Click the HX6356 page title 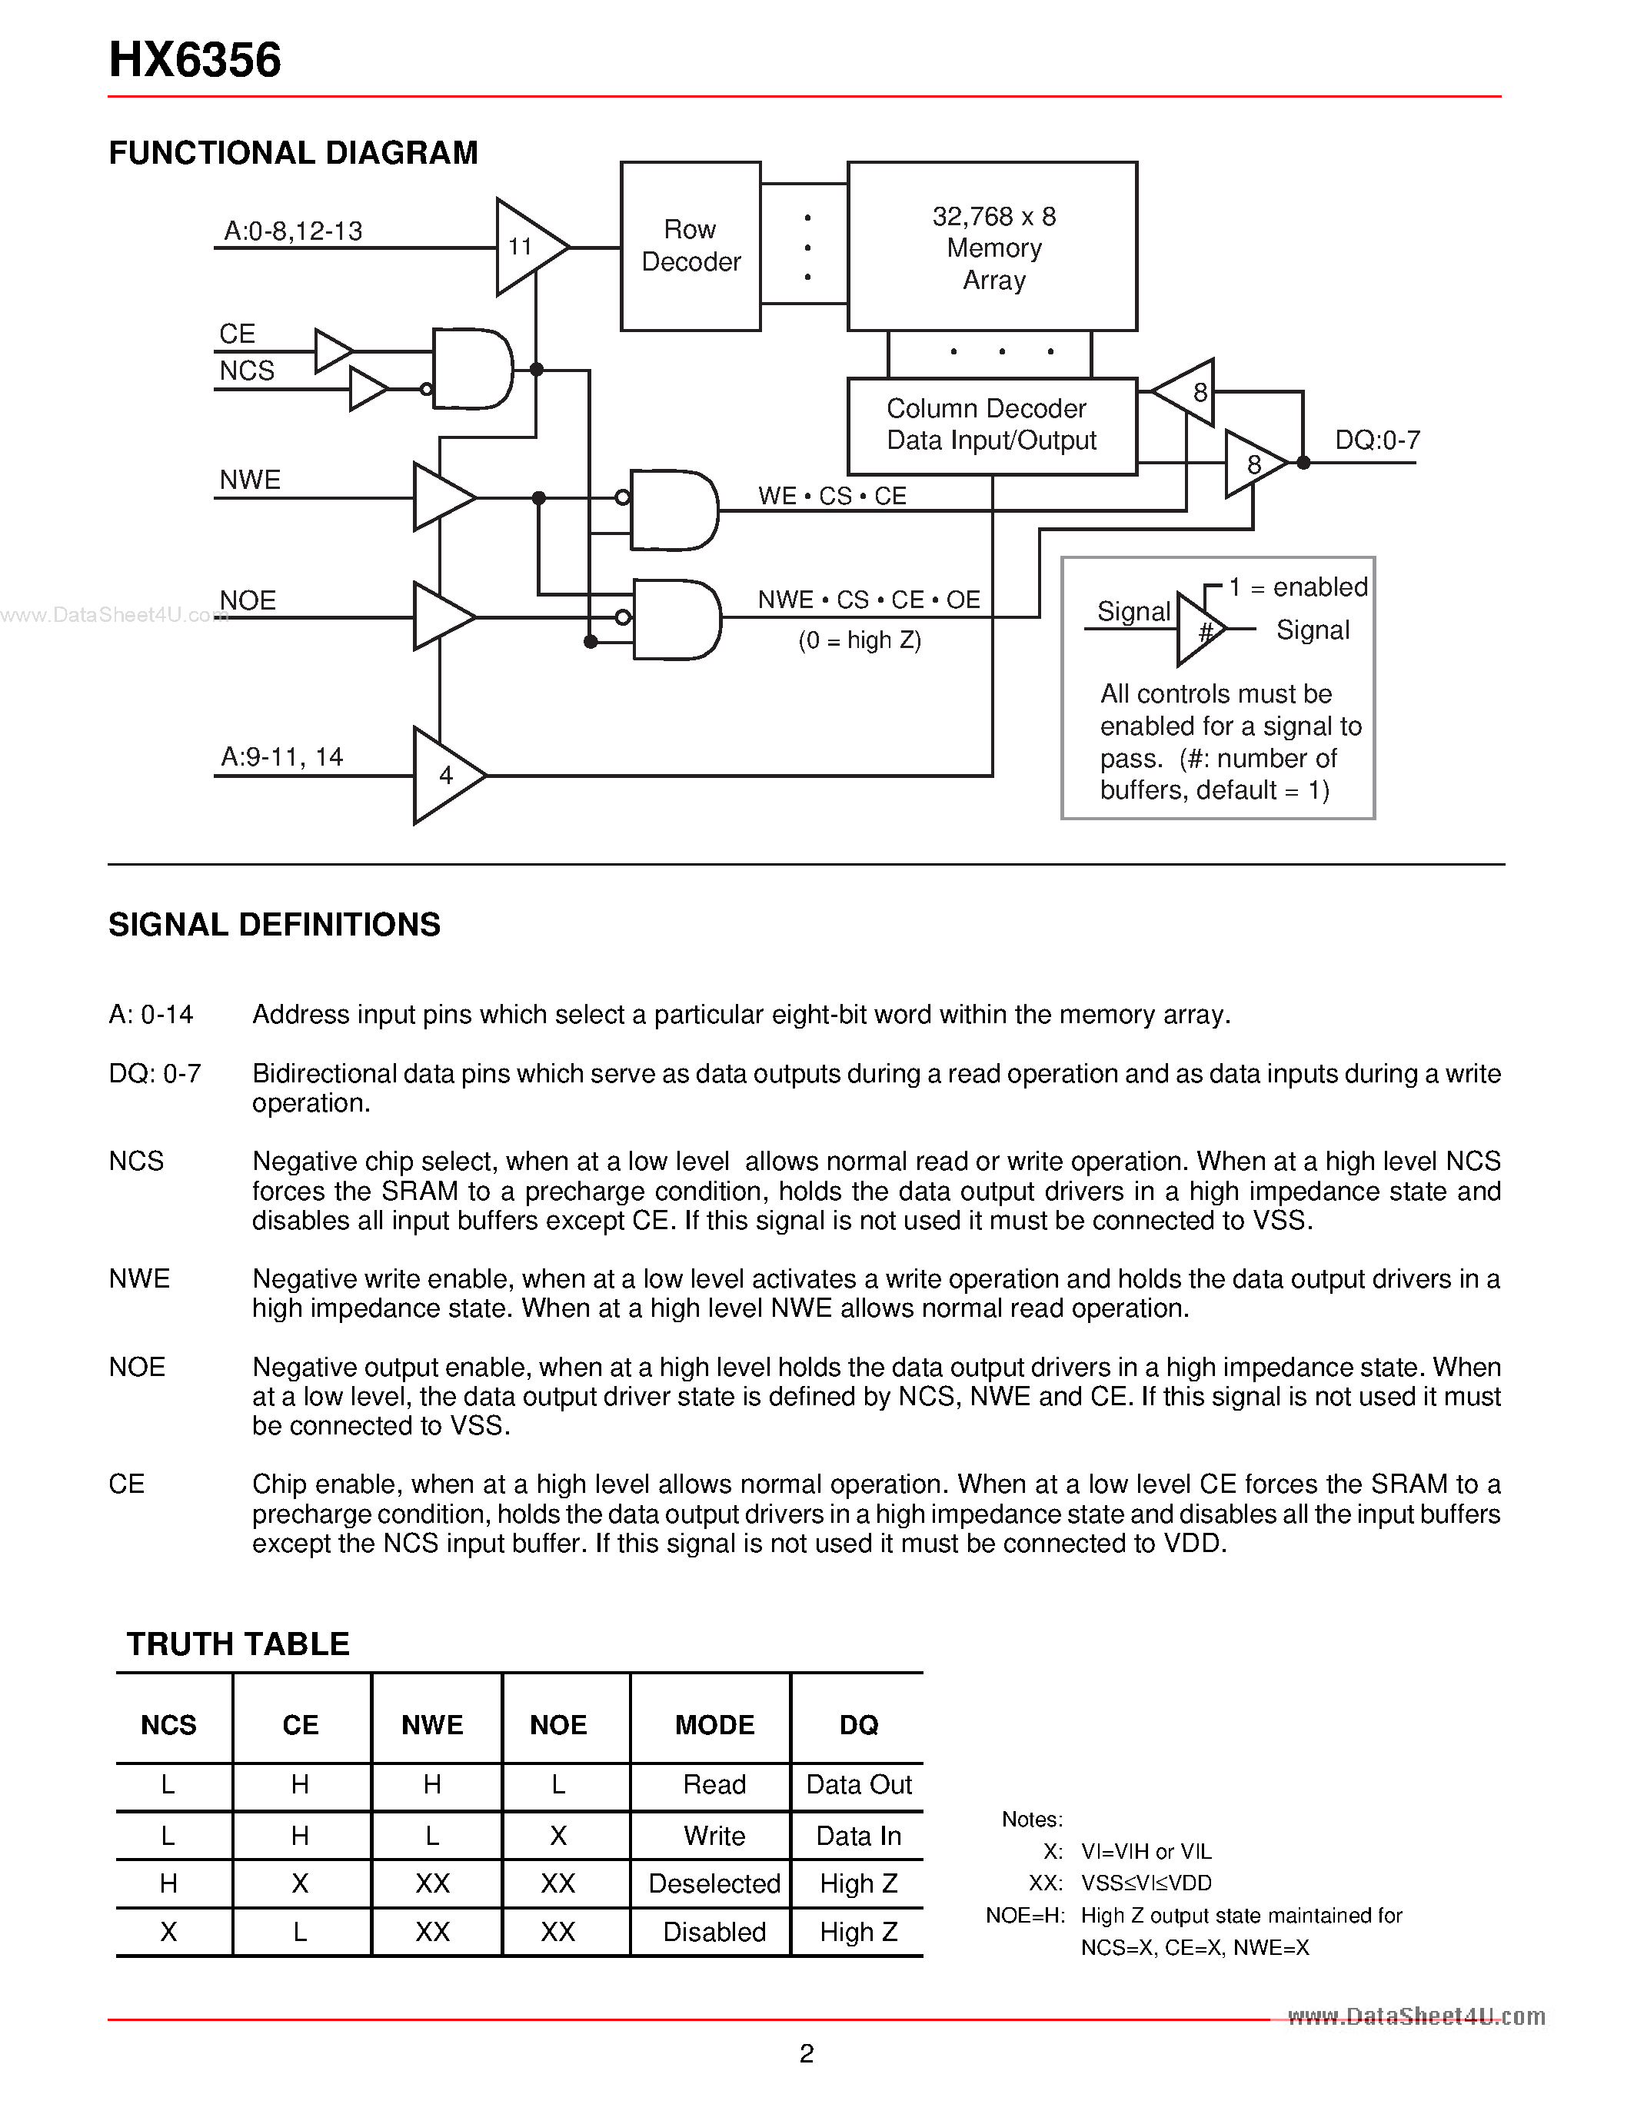pyautogui.click(x=195, y=60)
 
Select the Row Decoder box pyautogui.click(x=691, y=246)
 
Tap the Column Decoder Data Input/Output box pyautogui.click(x=991, y=425)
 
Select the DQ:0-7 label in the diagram pyautogui.click(x=1376, y=440)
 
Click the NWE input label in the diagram pyautogui.click(x=250, y=480)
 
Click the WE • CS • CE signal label pyautogui.click(x=831, y=497)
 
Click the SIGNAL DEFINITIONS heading pyautogui.click(x=274, y=924)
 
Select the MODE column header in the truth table pyautogui.click(x=714, y=1725)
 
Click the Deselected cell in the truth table pyautogui.click(x=714, y=1883)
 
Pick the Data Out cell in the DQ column pyautogui.click(x=859, y=1785)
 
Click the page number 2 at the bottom pyautogui.click(x=807, y=2053)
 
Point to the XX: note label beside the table pyautogui.click(x=1046, y=1883)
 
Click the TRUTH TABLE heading pyautogui.click(x=238, y=1644)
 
